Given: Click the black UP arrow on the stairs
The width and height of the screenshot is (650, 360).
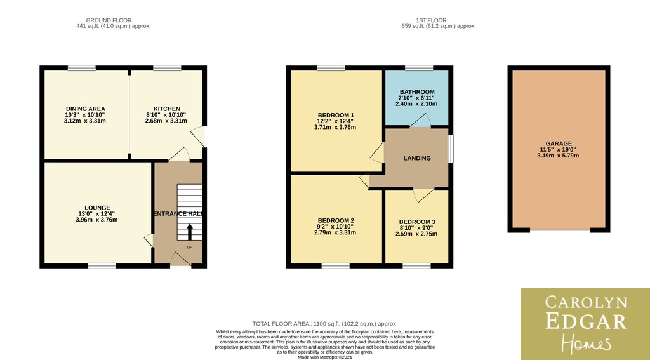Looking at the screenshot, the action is pyautogui.click(x=190, y=232).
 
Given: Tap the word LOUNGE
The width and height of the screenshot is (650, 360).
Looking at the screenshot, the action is pyautogui.click(x=97, y=208).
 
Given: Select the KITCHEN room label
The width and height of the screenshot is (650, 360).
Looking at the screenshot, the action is pyautogui.click(x=167, y=109).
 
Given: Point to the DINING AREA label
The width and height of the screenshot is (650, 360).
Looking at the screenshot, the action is pyautogui.click(x=86, y=109).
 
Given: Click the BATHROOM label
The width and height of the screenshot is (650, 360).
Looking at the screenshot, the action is pyautogui.click(x=417, y=92).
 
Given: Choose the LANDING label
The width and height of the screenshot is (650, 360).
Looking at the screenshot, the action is pyautogui.click(x=417, y=158).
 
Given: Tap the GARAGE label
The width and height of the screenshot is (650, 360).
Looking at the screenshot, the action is pyautogui.click(x=559, y=143).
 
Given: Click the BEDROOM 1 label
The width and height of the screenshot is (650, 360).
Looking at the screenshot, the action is pyautogui.click(x=336, y=115).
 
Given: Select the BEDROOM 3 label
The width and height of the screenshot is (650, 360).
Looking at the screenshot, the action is pyautogui.click(x=417, y=222).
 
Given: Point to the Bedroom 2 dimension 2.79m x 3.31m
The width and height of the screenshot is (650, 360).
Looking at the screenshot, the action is pyautogui.click(x=335, y=232).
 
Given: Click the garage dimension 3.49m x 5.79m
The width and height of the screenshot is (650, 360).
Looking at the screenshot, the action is pyautogui.click(x=558, y=156).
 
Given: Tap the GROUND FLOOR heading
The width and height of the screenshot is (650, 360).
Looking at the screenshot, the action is pyautogui.click(x=109, y=20).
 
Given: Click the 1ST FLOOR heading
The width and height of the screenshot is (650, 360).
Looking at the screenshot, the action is pyautogui.click(x=431, y=20).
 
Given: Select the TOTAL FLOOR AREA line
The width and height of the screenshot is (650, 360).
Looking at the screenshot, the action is pyautogui.click(x=325, y=324).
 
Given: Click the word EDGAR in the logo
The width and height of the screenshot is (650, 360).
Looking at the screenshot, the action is pyautogui.click(x=586, y=321).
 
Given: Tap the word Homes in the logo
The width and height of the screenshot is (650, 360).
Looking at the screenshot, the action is pyautogui.click(x=586, y=343).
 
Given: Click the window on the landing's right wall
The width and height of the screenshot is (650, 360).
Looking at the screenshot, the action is pyautogui.click(x=451, y=149).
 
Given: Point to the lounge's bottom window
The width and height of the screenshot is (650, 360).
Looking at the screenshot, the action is pyautogui.click(x=102, y=266).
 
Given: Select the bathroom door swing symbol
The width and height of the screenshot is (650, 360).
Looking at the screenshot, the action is pyautogui.click(x=420, y=120).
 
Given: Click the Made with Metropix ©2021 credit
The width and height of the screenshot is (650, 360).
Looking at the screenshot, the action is pyautogui.click(x=325, y=357).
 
